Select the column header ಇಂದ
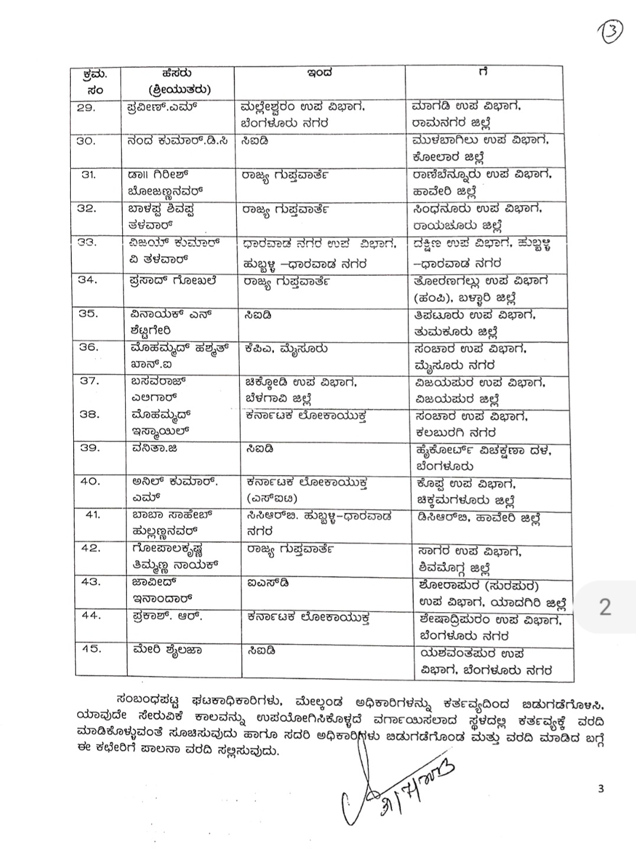click(x=319, y=74)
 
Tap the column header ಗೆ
click(x=483, y=73)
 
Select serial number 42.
click(x=91, y=548)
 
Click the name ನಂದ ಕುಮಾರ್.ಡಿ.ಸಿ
click(x=181, y=141)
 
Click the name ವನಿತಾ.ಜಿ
click(x=155, y=448)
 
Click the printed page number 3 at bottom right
click(x=601, y=788)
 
